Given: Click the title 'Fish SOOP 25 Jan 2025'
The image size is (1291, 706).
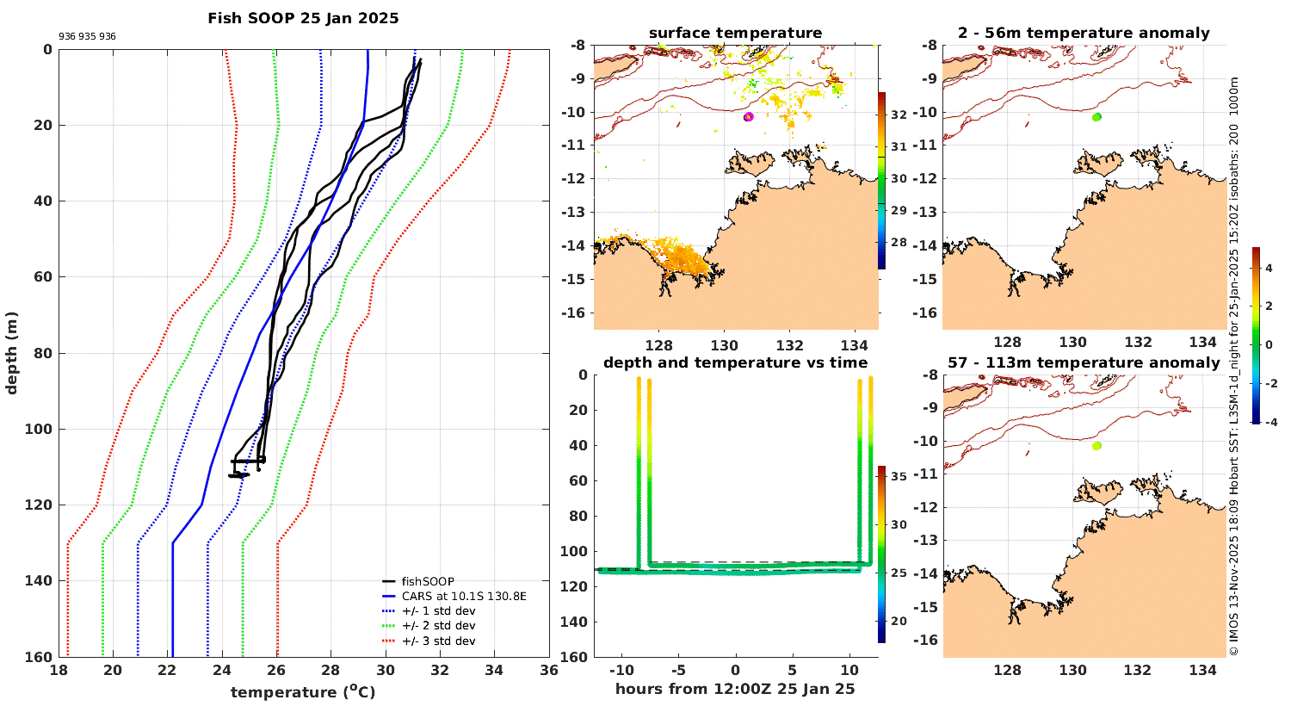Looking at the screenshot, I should (303, 18).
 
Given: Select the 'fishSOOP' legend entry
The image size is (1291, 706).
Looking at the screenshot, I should (427, 582).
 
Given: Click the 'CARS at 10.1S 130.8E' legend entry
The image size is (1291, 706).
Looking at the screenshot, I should (464, 597).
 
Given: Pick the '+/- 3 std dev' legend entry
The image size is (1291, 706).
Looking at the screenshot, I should (438, 641).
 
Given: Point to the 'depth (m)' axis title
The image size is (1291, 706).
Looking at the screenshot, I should (11, 352).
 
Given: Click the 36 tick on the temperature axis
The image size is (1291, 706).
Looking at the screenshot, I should (548, 672).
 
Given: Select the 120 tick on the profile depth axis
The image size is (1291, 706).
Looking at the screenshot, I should (40, 505).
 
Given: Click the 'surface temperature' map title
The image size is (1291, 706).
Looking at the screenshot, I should (735, 34).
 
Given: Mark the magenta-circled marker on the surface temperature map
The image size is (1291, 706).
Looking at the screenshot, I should (749, 116).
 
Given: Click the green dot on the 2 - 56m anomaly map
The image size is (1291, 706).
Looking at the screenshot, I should (1096, 117).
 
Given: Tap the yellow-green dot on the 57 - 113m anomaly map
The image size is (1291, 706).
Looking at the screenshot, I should (1096, 446).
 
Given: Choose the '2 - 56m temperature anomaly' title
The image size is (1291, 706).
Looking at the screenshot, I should (1084, 34).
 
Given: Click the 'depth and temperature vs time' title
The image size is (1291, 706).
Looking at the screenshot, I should (735, 362).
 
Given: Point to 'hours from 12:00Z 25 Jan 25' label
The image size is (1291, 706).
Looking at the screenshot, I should (735, 689).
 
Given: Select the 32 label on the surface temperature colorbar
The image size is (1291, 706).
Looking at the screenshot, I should (899, 115).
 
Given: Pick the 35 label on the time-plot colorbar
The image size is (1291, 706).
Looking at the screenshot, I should (898, 476).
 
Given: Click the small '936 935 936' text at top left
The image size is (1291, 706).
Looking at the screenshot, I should (87, 37).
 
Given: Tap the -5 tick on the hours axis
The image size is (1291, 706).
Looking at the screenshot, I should (677, 671).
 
